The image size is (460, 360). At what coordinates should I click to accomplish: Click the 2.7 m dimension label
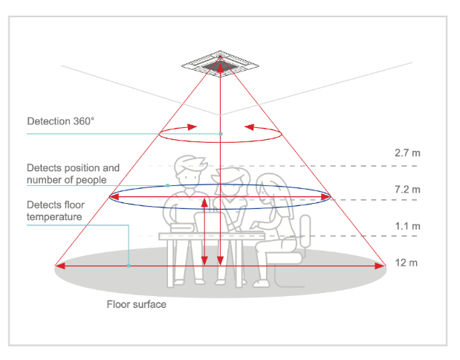click(x=407, y=153)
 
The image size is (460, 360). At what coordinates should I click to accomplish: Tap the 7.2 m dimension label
click(x=407, y=190)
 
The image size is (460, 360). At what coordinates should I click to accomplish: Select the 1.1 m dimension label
click(x=407, y=226)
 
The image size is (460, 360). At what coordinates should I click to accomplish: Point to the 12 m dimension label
click(x=406, y=263)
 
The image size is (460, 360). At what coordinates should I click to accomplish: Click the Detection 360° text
click(x=61, y=121)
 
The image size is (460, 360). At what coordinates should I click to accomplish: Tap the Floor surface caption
click(x=137, y=304)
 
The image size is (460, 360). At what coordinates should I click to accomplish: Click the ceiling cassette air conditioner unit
click(x=220, y=64)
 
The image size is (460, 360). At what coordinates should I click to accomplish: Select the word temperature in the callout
click(x=54, y=217)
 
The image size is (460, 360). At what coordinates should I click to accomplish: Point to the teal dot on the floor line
click(x=129, y=266)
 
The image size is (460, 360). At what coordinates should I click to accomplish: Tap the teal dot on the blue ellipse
click(x=167, y=186)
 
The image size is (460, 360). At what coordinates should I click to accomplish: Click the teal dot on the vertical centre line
click(x=221, y=134)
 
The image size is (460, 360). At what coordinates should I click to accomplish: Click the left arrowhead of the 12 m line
click(x=60, y=266)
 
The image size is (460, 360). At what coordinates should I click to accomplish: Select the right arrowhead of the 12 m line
click(x=380, y=266)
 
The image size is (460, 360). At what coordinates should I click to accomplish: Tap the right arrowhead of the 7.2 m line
click(x=325, y=197)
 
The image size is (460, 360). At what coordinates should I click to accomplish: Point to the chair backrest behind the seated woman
click(x=305, y=231)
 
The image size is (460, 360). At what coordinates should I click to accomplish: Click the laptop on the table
click(x=210, y=222)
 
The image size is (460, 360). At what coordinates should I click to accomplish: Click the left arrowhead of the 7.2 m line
click(x=114, y=197)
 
